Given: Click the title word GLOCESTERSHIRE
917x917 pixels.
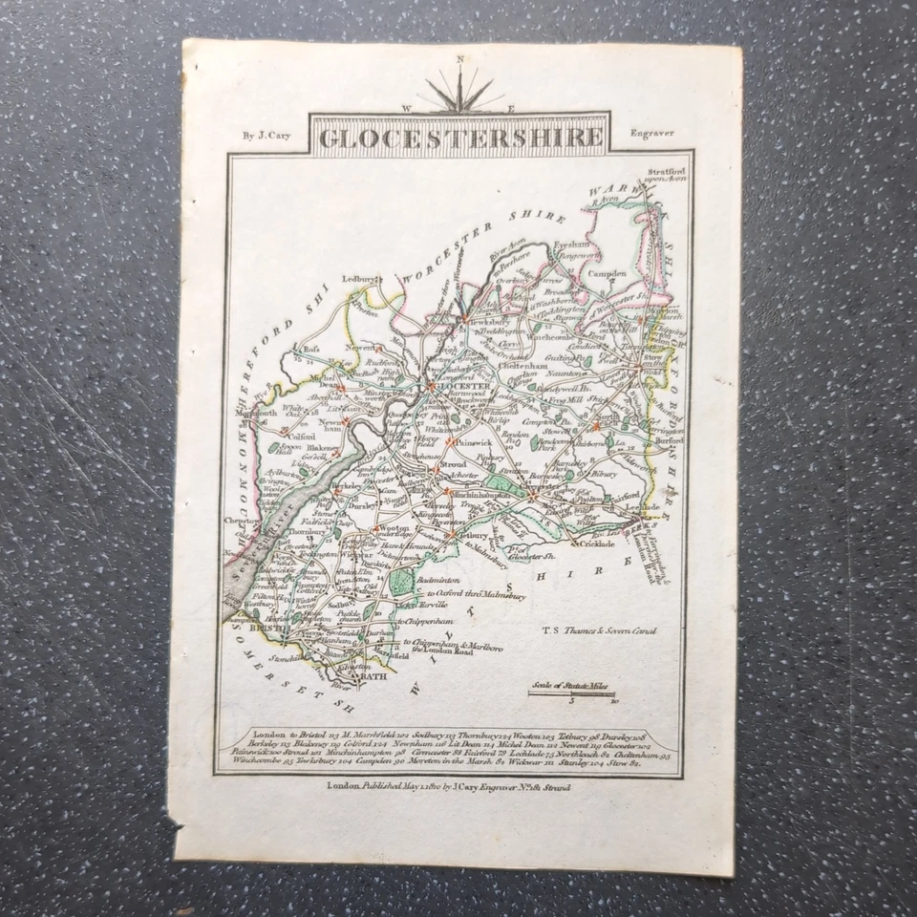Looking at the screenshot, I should tap(460, 138).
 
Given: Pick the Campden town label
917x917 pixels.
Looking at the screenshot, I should tap(608, 272).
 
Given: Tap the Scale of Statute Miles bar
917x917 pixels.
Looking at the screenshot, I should tap(571, 693).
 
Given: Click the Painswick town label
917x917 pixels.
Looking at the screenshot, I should tap(453, 442).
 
